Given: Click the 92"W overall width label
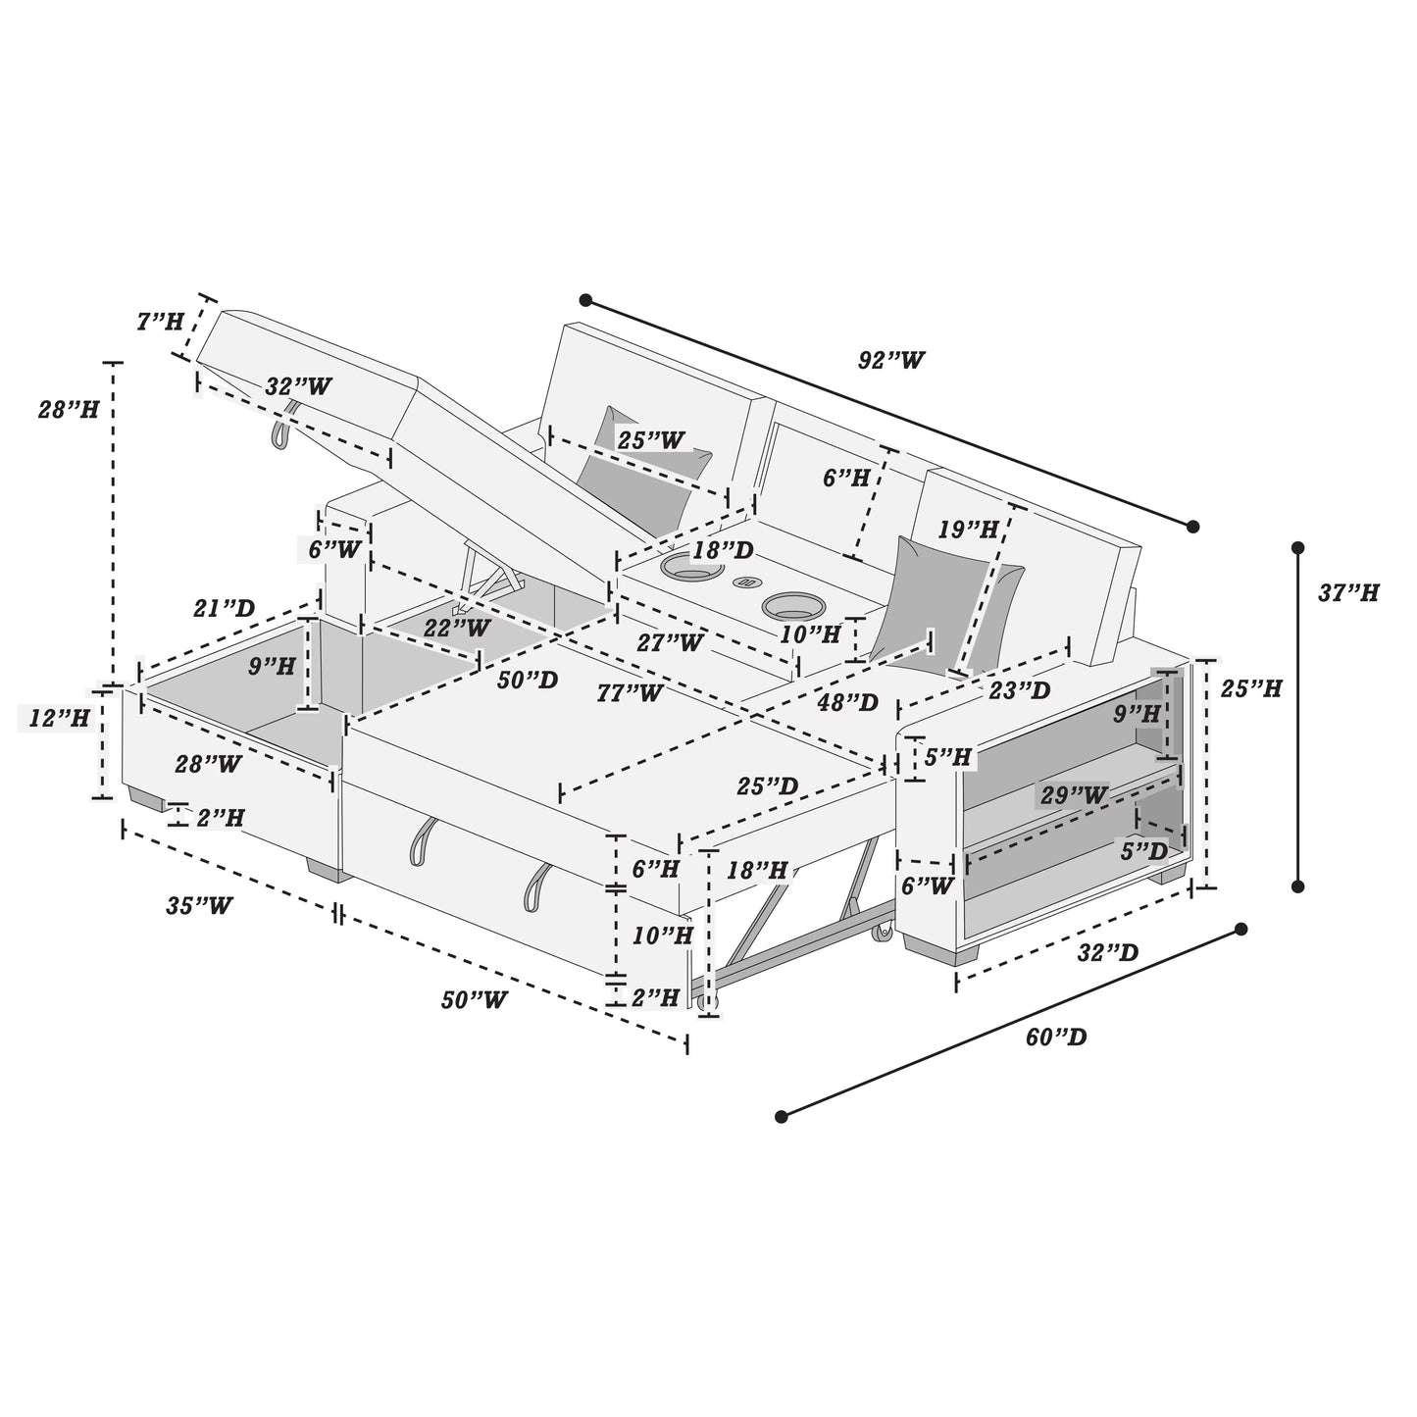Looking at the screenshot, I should click(891, 360).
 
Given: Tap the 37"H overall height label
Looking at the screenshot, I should click(1348, 592).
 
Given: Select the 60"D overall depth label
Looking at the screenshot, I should click(1056, 1037).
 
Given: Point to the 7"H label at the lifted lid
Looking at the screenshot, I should click(160, 321).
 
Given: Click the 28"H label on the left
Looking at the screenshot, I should click(69, 409).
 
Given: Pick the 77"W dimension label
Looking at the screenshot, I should click(630, 693).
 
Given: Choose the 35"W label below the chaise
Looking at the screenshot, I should click(199, 905).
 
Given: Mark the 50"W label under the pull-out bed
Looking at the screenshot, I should click(474, 1000).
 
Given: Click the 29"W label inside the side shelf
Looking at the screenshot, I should click(1075, 795).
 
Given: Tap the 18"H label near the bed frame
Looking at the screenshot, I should click(758, 870).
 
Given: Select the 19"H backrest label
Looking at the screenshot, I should click(968, 531).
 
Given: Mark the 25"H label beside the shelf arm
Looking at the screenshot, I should click(1251, 689).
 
